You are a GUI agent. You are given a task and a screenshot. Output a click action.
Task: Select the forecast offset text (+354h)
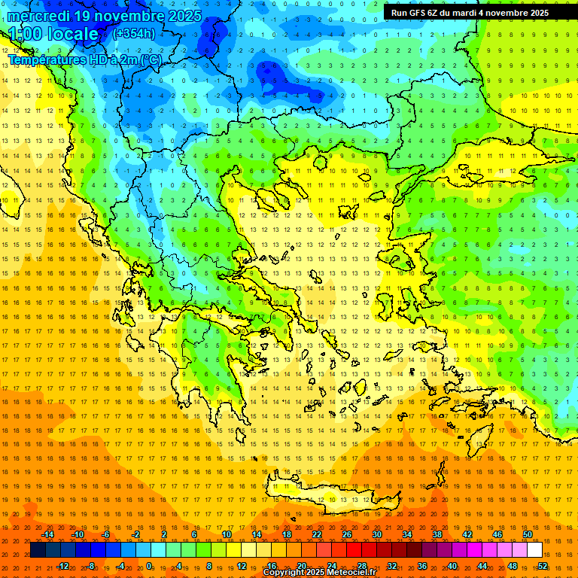tap(134, 33)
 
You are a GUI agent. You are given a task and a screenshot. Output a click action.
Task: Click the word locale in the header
tap(71, 34)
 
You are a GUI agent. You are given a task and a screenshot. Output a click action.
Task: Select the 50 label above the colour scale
tap(527, 534)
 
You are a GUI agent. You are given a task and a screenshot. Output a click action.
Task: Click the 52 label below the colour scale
tap(542, 566)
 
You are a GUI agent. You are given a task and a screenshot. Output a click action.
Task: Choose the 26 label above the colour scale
tap(346, 534)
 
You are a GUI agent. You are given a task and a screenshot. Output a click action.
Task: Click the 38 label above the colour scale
tap(437, 534)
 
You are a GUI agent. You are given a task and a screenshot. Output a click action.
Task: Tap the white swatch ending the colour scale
tap(534, 549)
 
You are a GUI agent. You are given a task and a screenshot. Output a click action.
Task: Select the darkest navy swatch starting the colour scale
tap(38, 549)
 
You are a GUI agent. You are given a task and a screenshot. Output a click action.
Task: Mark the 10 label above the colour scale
tap(226, 534)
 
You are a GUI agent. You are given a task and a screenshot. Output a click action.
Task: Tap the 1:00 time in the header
tap(26, 34)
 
